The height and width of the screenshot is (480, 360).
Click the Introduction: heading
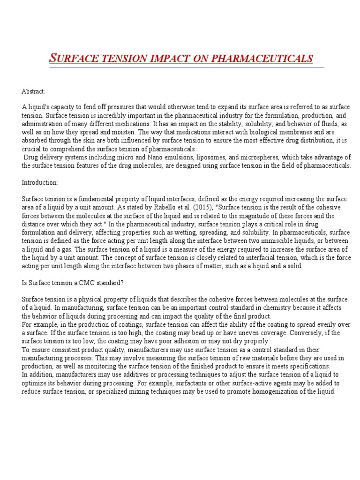(38, 182)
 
